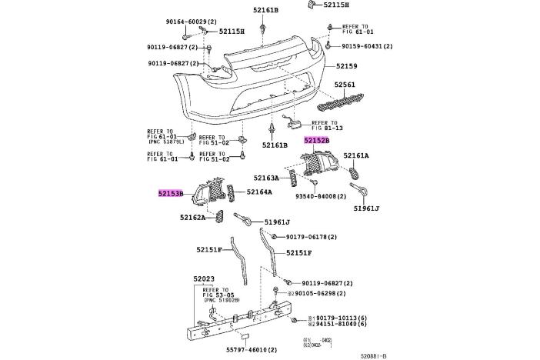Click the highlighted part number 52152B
point(316,141)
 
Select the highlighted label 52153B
point(171,194)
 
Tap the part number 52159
point(346,68)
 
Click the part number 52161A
point(355,155)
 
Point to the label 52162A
point(193,218)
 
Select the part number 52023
point(203,279)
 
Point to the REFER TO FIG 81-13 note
point(324,125)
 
